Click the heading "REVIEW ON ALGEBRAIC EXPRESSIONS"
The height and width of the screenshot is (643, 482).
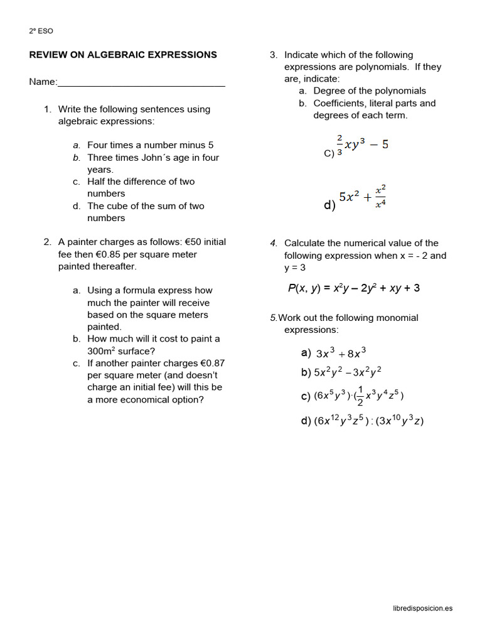pyautogui.click(x=123, y=55)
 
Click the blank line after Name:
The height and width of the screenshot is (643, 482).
pyautogui.click(x=141, y=83)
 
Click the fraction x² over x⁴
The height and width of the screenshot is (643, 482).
pyautogui.click(x=380, y=196)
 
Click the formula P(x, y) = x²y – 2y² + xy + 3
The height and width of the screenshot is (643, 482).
pyautogui.click(x=354, y=288)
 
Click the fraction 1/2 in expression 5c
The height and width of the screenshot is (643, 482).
pyautogui.click(x=359, y=396)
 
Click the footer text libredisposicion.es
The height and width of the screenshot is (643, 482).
pyautogui.click(x=422, y=608)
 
